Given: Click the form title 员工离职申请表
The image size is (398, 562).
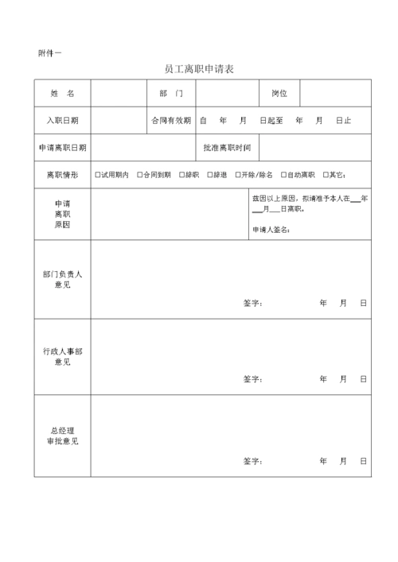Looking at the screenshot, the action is [198, 69].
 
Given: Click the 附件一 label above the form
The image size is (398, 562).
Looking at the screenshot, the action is [49, 52].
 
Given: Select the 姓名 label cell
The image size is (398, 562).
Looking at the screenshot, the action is [62, 94].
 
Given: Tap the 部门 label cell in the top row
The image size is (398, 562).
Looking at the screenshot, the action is [170, 94].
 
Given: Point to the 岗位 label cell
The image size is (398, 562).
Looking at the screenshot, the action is [279, 94].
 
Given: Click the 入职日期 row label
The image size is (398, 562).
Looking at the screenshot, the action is [62, 121].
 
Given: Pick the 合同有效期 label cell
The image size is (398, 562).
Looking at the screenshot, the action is [170, 121].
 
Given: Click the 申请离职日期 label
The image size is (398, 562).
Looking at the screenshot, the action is [62, 148].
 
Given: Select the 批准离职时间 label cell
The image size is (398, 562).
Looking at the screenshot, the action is [227, 148].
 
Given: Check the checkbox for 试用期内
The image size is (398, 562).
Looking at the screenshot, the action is [97, 175].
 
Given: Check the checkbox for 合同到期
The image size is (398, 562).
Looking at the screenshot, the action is [140, 175].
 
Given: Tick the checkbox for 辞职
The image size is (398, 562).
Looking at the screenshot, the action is [181, 175].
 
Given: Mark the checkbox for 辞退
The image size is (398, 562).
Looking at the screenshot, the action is [209, 175].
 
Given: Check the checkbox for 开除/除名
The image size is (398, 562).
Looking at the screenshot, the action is [236, 175].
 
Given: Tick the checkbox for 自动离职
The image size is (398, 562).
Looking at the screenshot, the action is [283, 175].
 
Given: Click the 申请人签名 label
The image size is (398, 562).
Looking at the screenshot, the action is [271, 230].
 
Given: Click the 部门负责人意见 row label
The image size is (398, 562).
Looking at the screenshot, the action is [62, 279].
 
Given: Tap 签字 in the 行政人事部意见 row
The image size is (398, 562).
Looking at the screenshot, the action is [252, 379].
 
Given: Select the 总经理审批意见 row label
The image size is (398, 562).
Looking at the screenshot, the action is [62, 436].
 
